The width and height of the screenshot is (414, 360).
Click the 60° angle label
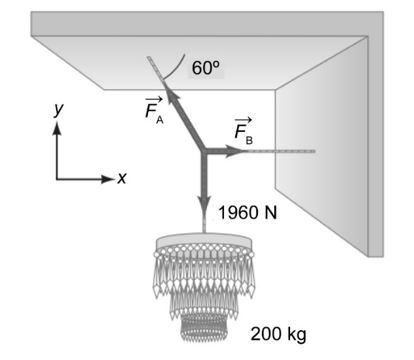[206, 68]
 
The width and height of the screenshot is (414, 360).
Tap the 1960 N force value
[247, 212]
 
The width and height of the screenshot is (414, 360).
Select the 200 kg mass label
[278, 334]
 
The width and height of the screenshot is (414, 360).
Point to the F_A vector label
[154, 110]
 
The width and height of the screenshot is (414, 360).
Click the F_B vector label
[244, 131]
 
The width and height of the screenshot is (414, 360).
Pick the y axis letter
[59, 109]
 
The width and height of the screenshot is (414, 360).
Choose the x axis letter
[122, 179]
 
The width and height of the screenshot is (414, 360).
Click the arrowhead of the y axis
[57, 127]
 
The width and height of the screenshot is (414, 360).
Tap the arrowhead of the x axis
[108, 179]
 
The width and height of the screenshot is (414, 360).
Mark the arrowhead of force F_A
[172, 95]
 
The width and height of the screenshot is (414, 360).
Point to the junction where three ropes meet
[203, 151]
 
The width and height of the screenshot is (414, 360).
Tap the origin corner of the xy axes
[57, 179]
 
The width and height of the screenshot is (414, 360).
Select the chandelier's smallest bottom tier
[204, 328]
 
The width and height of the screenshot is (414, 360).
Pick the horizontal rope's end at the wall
[314, 151]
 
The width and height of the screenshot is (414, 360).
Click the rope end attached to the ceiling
[149, 59]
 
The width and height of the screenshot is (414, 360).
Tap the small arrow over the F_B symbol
[244, 120]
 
